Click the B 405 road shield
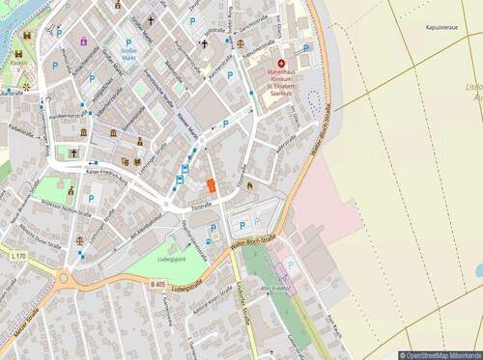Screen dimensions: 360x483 click(x=158, y=282)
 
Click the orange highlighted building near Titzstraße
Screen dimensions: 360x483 click(x=211, y=184)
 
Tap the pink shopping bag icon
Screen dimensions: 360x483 click(x=84, y=41)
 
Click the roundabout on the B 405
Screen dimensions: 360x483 click(x=65, y=280)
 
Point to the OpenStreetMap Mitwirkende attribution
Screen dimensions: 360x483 click(x=440, y=354)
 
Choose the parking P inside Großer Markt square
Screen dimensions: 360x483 click(x=128, y=42)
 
